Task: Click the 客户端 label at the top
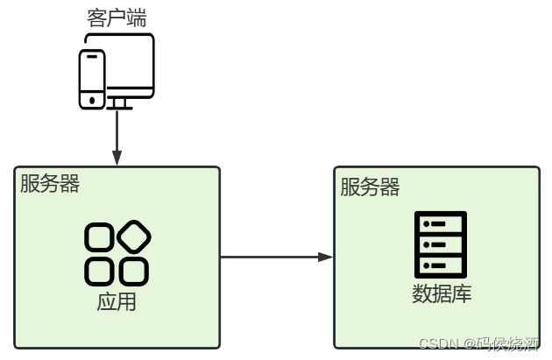click(117, 17)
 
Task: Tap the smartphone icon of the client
click(92, 79)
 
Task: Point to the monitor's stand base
click(120, 107)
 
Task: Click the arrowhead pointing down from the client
click(117, 157)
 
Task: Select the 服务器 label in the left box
click(50, 184)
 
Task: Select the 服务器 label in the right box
click(370, 187)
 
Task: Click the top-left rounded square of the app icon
click(99, 237)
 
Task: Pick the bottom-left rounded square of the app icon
click(99, 271)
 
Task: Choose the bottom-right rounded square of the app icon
click(133, 271)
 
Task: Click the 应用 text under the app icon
click(117, 303)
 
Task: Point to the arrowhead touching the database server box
click(326, 258)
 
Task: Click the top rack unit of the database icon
click(440, 224)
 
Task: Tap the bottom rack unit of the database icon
click(440, 265)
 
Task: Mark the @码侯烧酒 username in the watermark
click(503, 343)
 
